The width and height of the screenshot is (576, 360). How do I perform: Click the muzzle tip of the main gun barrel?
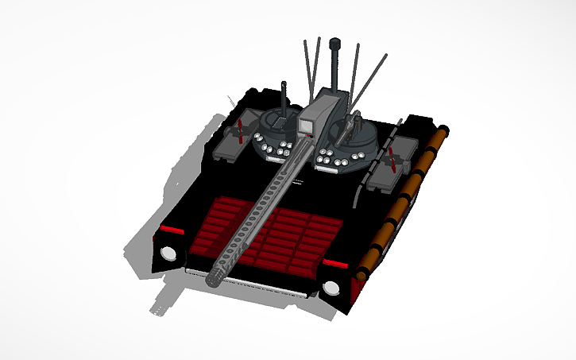(217, 278)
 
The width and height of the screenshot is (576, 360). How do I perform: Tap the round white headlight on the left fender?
(168, 254)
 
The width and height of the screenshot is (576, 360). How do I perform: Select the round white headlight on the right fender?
(331, 288)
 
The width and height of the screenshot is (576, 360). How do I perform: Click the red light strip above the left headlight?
(170, 230)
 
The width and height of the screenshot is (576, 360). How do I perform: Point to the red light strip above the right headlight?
(334, 262)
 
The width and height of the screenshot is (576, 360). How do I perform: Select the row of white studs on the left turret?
(274, 150)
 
